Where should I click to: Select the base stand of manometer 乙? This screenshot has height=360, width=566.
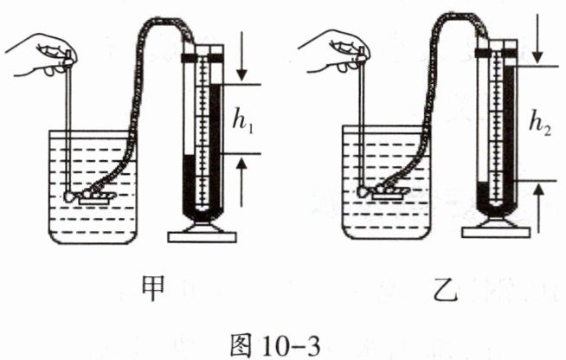pyautogui.click(x=497, y=228)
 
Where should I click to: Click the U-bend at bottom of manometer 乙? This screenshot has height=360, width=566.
pyautogui.click(x=497, y=208)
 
